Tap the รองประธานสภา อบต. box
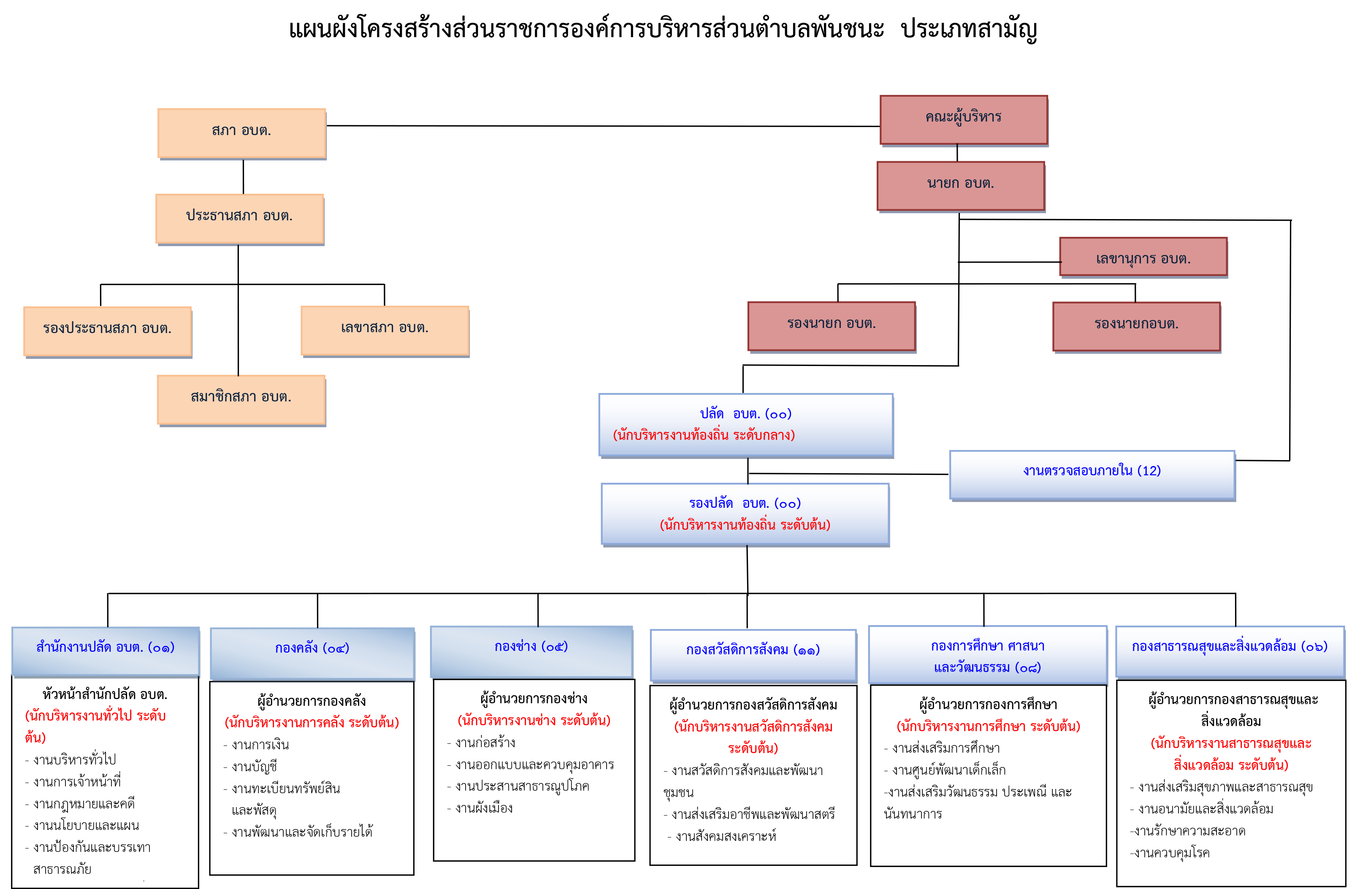(108, 330)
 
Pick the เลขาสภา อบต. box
(385, 329)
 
